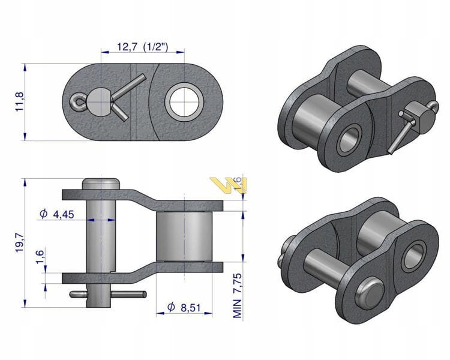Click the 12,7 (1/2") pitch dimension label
pyautogui.click(x=142, y=46)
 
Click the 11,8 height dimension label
pyautogui.click(x=20, y=102)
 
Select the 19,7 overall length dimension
pyautogui.click(x=20, y=242)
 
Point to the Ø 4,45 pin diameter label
pyautogui.click(x=57, y=214)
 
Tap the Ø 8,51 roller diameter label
pyautogui.click(x=184, y=307)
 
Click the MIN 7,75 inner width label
pyautogui.click(x=238, y=296)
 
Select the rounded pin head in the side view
pyautogui.click(x=101, y=184)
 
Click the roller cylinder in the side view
pyautogui.click(x=184, y=236)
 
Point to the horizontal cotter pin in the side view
pyautogui.click(x=108, y=294)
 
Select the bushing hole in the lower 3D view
pyautogui.click(x=413, y=257)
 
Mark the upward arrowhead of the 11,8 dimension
pyautogui.click(x=25, y=67)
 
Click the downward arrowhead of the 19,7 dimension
pyautogui.click(x=25, y=304)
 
